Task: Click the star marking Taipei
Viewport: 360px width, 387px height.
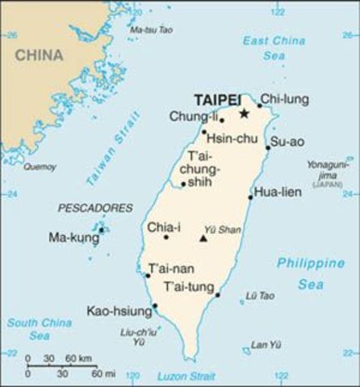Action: [244, 114]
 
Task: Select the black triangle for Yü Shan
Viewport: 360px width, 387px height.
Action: [203, 239]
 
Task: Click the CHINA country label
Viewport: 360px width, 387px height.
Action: [38, 55]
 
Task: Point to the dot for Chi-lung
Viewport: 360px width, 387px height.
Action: [260, 106]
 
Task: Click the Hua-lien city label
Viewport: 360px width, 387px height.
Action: [277, 192]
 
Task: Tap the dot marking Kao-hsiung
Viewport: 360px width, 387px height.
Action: [155, 306]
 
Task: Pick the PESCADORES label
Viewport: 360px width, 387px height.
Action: [95, 208]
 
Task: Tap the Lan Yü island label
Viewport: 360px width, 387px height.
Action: [266, 345]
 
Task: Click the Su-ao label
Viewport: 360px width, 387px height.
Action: [287, 142]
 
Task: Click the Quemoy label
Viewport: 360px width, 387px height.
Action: [40, 167]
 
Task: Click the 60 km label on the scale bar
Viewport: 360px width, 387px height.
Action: [79, 358]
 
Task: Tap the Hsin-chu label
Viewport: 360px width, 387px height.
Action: [230, 139]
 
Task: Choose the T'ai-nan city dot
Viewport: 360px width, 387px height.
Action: [148, 276]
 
